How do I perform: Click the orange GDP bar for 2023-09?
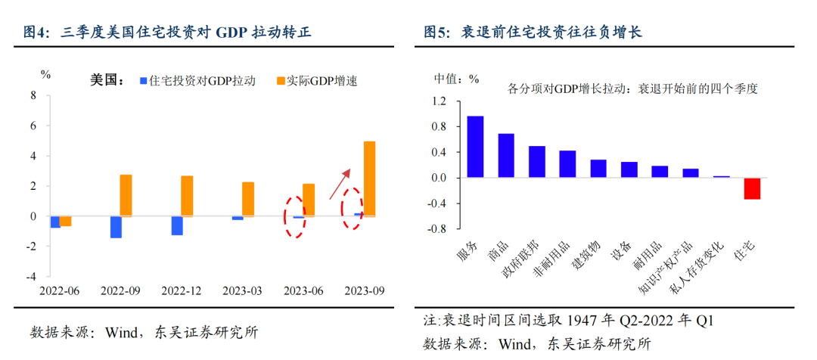pos(369,178)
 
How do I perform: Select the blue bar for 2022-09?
pos(116,227)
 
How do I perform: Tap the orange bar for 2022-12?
pos(187,196)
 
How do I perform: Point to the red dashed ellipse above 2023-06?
pos(295,217)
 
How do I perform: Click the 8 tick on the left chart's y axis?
pos(33,95)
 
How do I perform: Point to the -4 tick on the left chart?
pos(31,277)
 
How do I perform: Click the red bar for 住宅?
pos(752,188)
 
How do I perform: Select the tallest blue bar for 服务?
pos(475,147)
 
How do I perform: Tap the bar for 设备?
pos(629,169)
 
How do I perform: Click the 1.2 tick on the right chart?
pos(440,101)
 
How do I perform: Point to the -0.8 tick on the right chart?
pos(437,228)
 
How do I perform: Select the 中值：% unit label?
pos(456,79)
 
